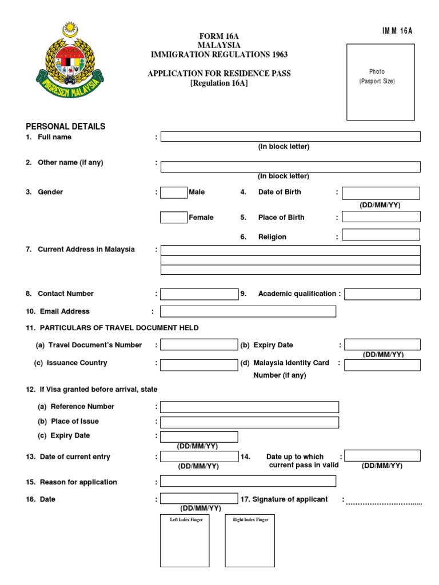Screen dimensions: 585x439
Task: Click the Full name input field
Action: coord(290,137)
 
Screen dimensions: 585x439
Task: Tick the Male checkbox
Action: coord(174,193)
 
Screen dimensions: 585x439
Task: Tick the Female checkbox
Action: coord(174,218)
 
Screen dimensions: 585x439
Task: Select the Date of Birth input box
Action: coord(381,193)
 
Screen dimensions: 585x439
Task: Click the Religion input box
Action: coord(381,235)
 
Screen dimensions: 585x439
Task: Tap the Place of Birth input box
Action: coord(381,217)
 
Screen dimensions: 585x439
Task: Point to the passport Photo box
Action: coord(381,82)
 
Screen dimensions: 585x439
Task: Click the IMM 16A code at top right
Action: coord(397,31)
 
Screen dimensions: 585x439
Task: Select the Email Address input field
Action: coord(248,311)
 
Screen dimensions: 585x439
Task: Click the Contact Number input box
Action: coord(198,294)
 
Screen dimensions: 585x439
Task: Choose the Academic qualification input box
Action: coord(382,294)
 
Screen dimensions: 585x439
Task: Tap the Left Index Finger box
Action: coord(185,540)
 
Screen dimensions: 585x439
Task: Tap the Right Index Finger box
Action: coord(250,540)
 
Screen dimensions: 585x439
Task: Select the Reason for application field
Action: coord(248,481)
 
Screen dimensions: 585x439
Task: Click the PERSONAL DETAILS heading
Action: coord(66,126)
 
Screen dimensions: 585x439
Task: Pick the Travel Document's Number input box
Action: coord(198,345)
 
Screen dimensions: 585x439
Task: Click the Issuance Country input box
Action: coord(198,365)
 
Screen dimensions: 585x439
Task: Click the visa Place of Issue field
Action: coord(249,422)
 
